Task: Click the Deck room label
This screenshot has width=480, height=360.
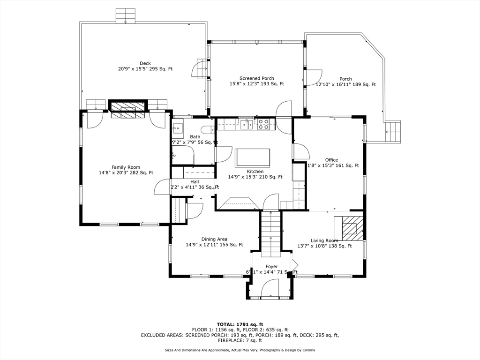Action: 145,63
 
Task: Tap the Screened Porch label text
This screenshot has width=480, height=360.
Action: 256,78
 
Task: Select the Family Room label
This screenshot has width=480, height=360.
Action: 126,167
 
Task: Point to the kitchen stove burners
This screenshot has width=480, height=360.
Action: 263,124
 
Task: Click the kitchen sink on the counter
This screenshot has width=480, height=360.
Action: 247,124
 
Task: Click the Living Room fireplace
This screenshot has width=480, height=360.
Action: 350,227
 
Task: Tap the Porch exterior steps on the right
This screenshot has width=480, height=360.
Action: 393,132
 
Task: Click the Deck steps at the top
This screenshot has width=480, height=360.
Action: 125,15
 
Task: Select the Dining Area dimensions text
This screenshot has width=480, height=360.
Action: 214,245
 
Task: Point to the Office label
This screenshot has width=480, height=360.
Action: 331,160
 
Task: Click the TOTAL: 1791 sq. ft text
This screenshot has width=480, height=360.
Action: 240,324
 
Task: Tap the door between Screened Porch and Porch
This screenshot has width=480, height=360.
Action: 312,77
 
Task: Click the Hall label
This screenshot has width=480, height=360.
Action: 195,181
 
